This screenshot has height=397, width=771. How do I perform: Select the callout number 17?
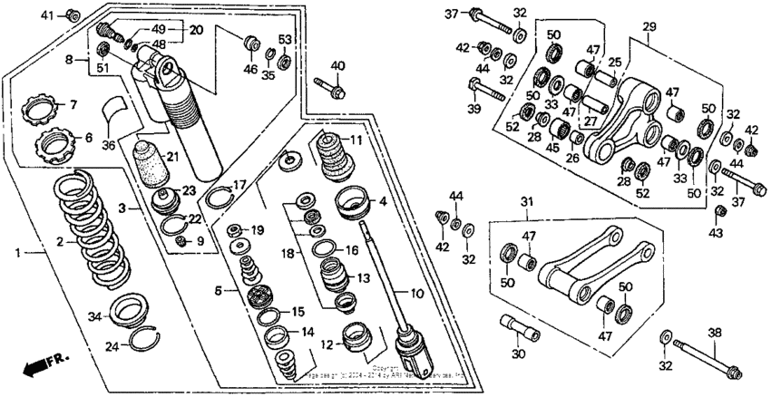(x=239, y=184)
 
